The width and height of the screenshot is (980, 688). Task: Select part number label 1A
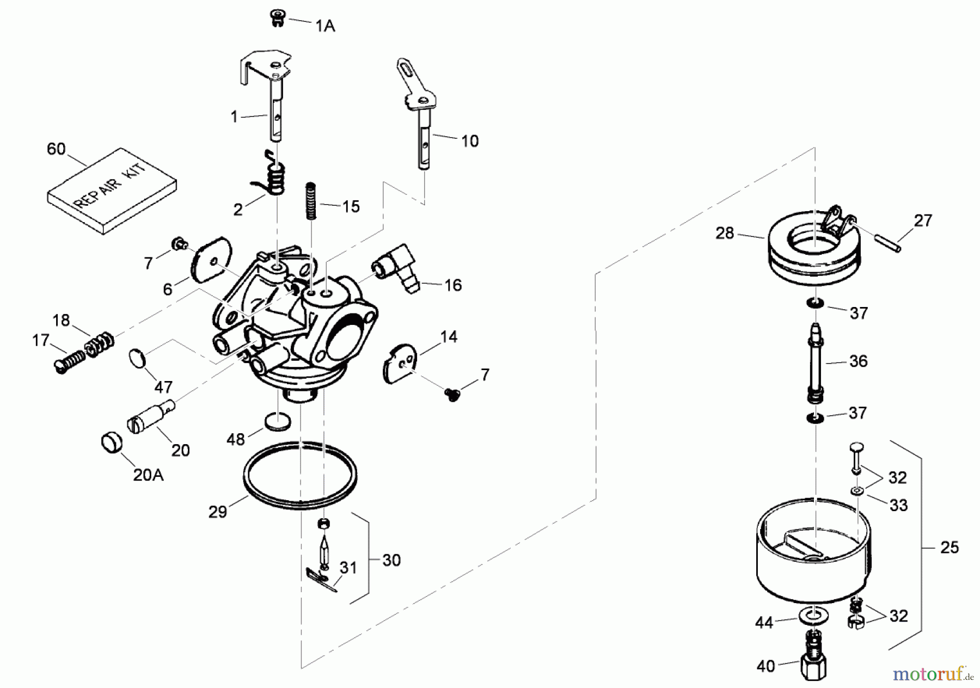pos(325,26)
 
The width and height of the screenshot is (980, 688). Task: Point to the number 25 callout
pos(949,547)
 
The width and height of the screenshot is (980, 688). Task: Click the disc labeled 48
pos(277,421)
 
